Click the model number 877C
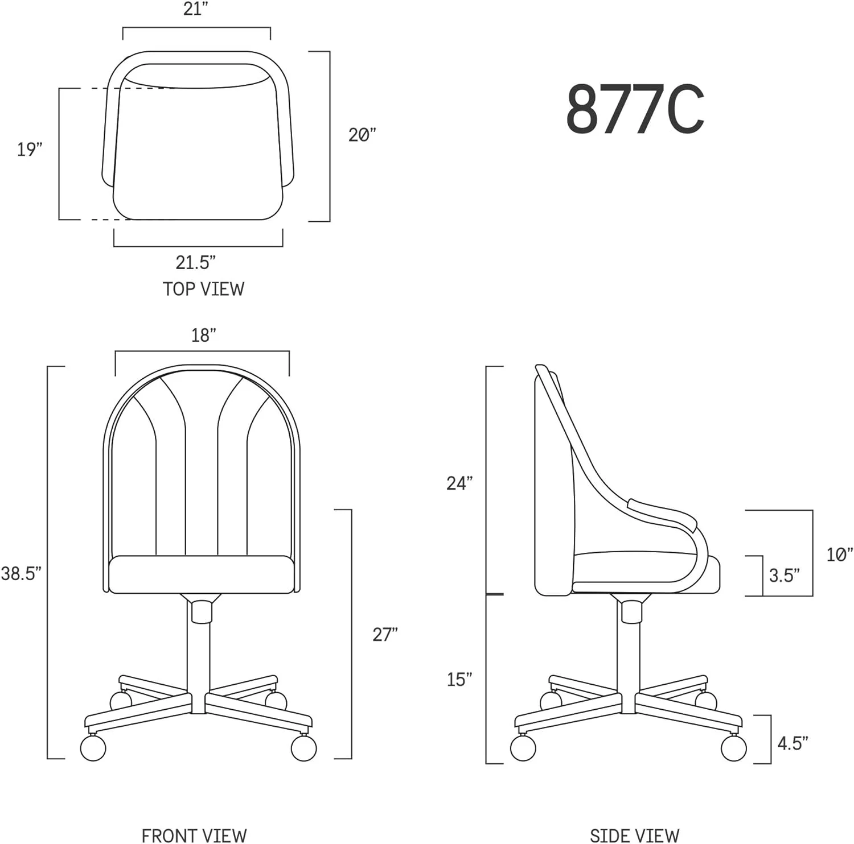coord(635,109)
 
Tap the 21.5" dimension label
coord(195,263)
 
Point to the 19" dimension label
coord(30,150)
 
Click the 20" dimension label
coord(362,135)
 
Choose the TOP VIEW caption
coord(203,289)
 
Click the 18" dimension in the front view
coord(203,336)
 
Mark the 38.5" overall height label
coord(21,573)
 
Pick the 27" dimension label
coord(385,634)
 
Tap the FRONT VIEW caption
coord(194,835)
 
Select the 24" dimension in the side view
coord(459,483)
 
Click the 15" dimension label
coord(459,679)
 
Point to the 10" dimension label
coord(840,555)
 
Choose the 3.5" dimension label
coord(784,576)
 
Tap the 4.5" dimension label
coord(793,743)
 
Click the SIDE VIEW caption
coord(634,835)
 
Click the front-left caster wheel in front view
coord(93,747)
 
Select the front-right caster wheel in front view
coord(303,747)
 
